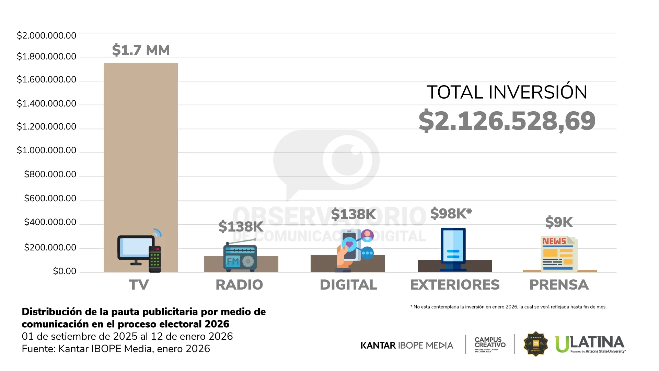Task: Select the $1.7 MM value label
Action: [141, 50]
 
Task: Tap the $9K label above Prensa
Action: [559, 222]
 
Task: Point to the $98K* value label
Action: [451, 214]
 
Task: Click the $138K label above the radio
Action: [241, 227]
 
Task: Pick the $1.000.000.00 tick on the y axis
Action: [47, 150]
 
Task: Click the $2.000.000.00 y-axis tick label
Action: [47, 36]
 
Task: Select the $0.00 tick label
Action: [65, 271]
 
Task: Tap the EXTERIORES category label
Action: [455, 285]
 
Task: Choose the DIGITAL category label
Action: [348, 285]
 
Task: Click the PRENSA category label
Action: [559, 285]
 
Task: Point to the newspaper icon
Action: [559, 254]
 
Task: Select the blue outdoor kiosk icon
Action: [453, 249]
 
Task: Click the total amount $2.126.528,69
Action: [507, 121]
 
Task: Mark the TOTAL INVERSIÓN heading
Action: [507, 92]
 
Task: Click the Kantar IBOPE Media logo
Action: [407, 345]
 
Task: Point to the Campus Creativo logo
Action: [490, 344]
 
